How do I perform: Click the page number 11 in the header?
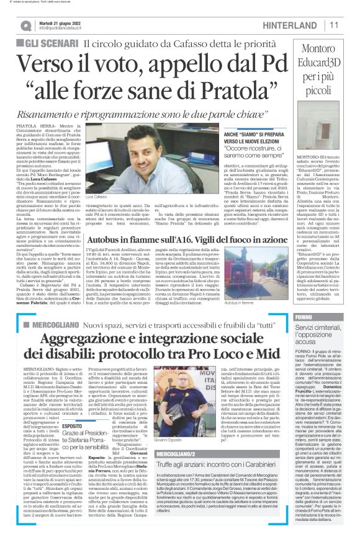[x=333, y=24]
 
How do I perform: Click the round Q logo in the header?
[x=25, y=25]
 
